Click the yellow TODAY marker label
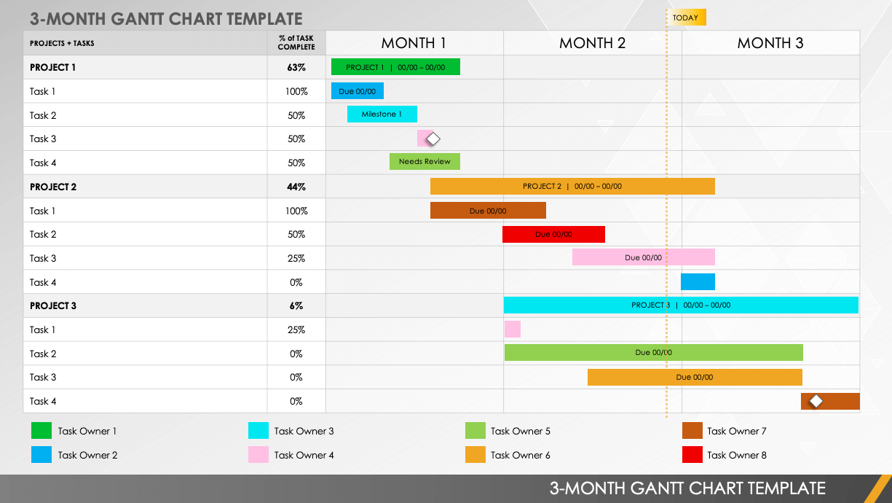tap(686, 17)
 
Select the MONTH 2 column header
tap(592, 43)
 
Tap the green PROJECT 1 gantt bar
tap(395, 67)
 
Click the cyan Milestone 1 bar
tap(382, 114)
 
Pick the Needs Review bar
tap(425, 161)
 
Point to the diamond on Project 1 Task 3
tap(433, 139)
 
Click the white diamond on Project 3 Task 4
tap(816, 401)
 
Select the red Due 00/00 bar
tap(553, 234)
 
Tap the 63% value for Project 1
tap(296, 68)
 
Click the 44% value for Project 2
tap(296, 187)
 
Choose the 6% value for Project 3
tap(296, 306)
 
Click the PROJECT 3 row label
tap(53, 306)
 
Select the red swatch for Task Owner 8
tap(692, 455)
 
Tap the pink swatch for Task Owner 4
tap(258, 455)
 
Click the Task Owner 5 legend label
tap(520, 432)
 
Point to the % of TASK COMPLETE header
tap(296, 43)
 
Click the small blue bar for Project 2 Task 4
tap(698, 282)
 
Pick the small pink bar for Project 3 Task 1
tap(513, 330)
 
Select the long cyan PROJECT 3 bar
tap(681, 305)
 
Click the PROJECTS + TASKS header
tap(62, 43)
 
